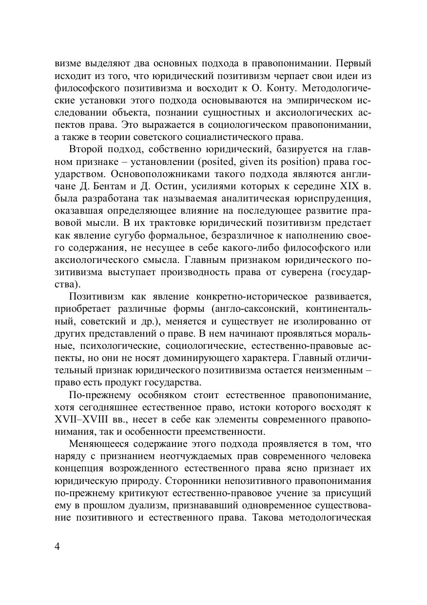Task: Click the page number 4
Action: coord(58,545)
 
